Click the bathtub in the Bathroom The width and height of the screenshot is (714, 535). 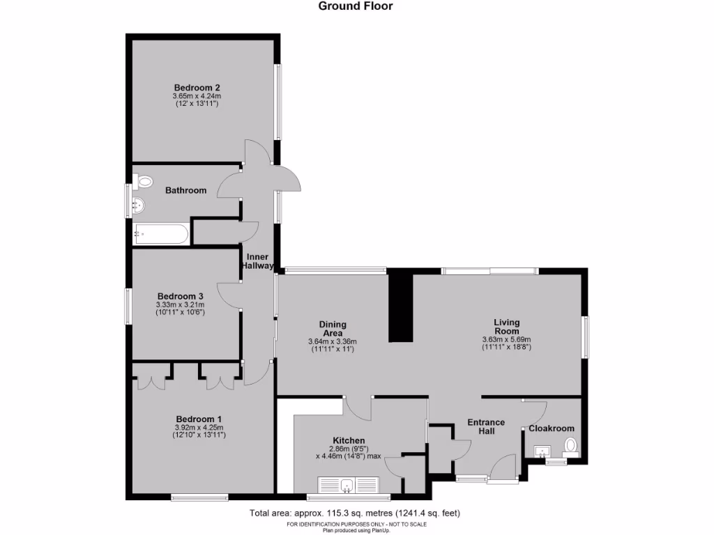pyautogui.click(x=162, y=233)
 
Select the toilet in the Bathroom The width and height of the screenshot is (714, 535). pyautogui.click(x=144, y=182)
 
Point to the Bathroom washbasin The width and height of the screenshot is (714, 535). pyautogui.click(x=139, y=206)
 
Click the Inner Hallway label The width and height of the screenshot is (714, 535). pyautogui.click(x=257, y=261)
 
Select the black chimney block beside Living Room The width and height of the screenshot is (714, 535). pyautogui.click(x=400, y=307)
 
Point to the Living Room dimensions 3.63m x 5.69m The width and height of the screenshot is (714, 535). pyautogui.click(x=506, y=340)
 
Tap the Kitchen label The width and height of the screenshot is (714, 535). pyautogui.click(x=349, y=441)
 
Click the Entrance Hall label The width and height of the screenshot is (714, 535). pyautogui.click(x=485, y=427)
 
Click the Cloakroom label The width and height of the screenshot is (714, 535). pyautogui.click(x=552, y=428)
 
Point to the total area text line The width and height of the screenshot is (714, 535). pyautogui.click(x=355, y=513)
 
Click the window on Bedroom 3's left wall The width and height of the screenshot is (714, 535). pyautogui.click(x=128, y=306)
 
